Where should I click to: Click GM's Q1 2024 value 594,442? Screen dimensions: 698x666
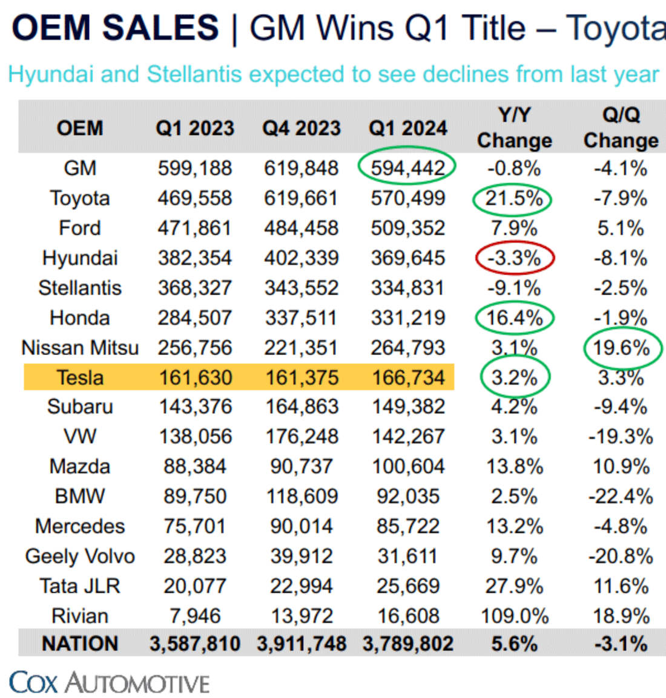[x=407, y=168]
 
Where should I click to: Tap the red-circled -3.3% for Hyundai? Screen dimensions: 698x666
[x=514, y=258]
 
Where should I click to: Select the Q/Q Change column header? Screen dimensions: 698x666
[x=621, y=128]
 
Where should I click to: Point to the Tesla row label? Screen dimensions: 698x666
[x=80, y=377]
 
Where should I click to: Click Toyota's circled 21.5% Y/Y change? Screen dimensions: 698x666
[x=514, y=198]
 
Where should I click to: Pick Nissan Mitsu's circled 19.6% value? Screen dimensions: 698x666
[x=621, y=348]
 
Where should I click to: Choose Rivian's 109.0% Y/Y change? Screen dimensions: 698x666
[x=514, y=616]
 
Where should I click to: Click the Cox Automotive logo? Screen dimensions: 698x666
[x=110, y=682]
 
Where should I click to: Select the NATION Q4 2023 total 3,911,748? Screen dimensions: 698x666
[x=302, y=644]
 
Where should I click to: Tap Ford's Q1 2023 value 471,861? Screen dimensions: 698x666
[x=194, y=228]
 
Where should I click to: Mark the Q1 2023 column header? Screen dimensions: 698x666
[x=194, y=128]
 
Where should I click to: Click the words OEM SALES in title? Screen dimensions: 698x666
[x=115, y=28]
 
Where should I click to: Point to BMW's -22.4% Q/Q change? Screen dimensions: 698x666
[x=621, y=497]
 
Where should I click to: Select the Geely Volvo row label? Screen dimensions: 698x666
[x=80, y=556]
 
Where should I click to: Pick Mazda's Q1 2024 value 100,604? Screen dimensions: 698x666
[x=407, y=466]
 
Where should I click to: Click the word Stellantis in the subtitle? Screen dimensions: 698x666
[x=195, y=74]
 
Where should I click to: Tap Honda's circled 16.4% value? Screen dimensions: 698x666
[x=514, y=318]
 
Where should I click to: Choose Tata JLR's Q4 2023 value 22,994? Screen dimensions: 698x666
[x=302, y=585]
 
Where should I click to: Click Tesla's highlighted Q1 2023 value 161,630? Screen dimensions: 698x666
[x=195, y=377]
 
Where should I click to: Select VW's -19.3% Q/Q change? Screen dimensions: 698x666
[x=621, y=437]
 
